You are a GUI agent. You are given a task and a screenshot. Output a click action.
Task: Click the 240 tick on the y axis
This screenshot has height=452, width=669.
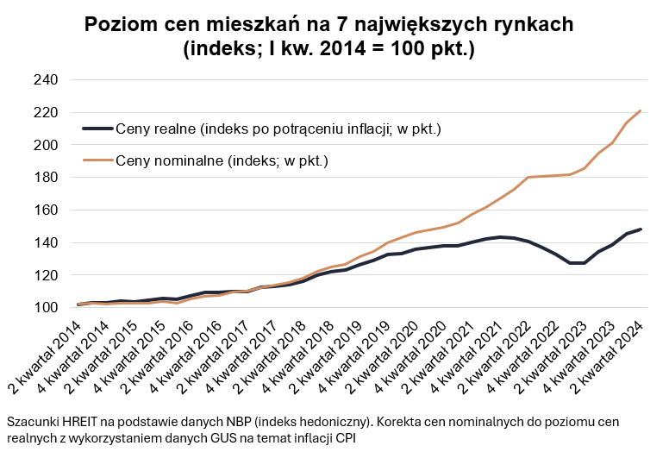(45, 80)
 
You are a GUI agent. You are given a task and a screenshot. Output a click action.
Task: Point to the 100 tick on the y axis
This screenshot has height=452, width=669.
(45, 308)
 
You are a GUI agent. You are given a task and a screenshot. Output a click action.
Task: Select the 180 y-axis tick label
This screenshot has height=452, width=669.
(45, 178)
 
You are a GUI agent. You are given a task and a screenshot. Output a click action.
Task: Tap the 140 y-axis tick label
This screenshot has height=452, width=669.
(45, 243)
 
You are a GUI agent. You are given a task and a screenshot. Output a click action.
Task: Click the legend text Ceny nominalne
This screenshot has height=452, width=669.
(222, 160)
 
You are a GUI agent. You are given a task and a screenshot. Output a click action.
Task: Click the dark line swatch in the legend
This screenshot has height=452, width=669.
(97, 129)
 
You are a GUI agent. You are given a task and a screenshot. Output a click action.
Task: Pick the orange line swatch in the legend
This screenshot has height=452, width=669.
(97, 160)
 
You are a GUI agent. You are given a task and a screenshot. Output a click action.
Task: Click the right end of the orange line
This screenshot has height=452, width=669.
(641, 110)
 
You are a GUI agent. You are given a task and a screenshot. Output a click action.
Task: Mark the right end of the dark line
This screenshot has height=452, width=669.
(641, 229)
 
